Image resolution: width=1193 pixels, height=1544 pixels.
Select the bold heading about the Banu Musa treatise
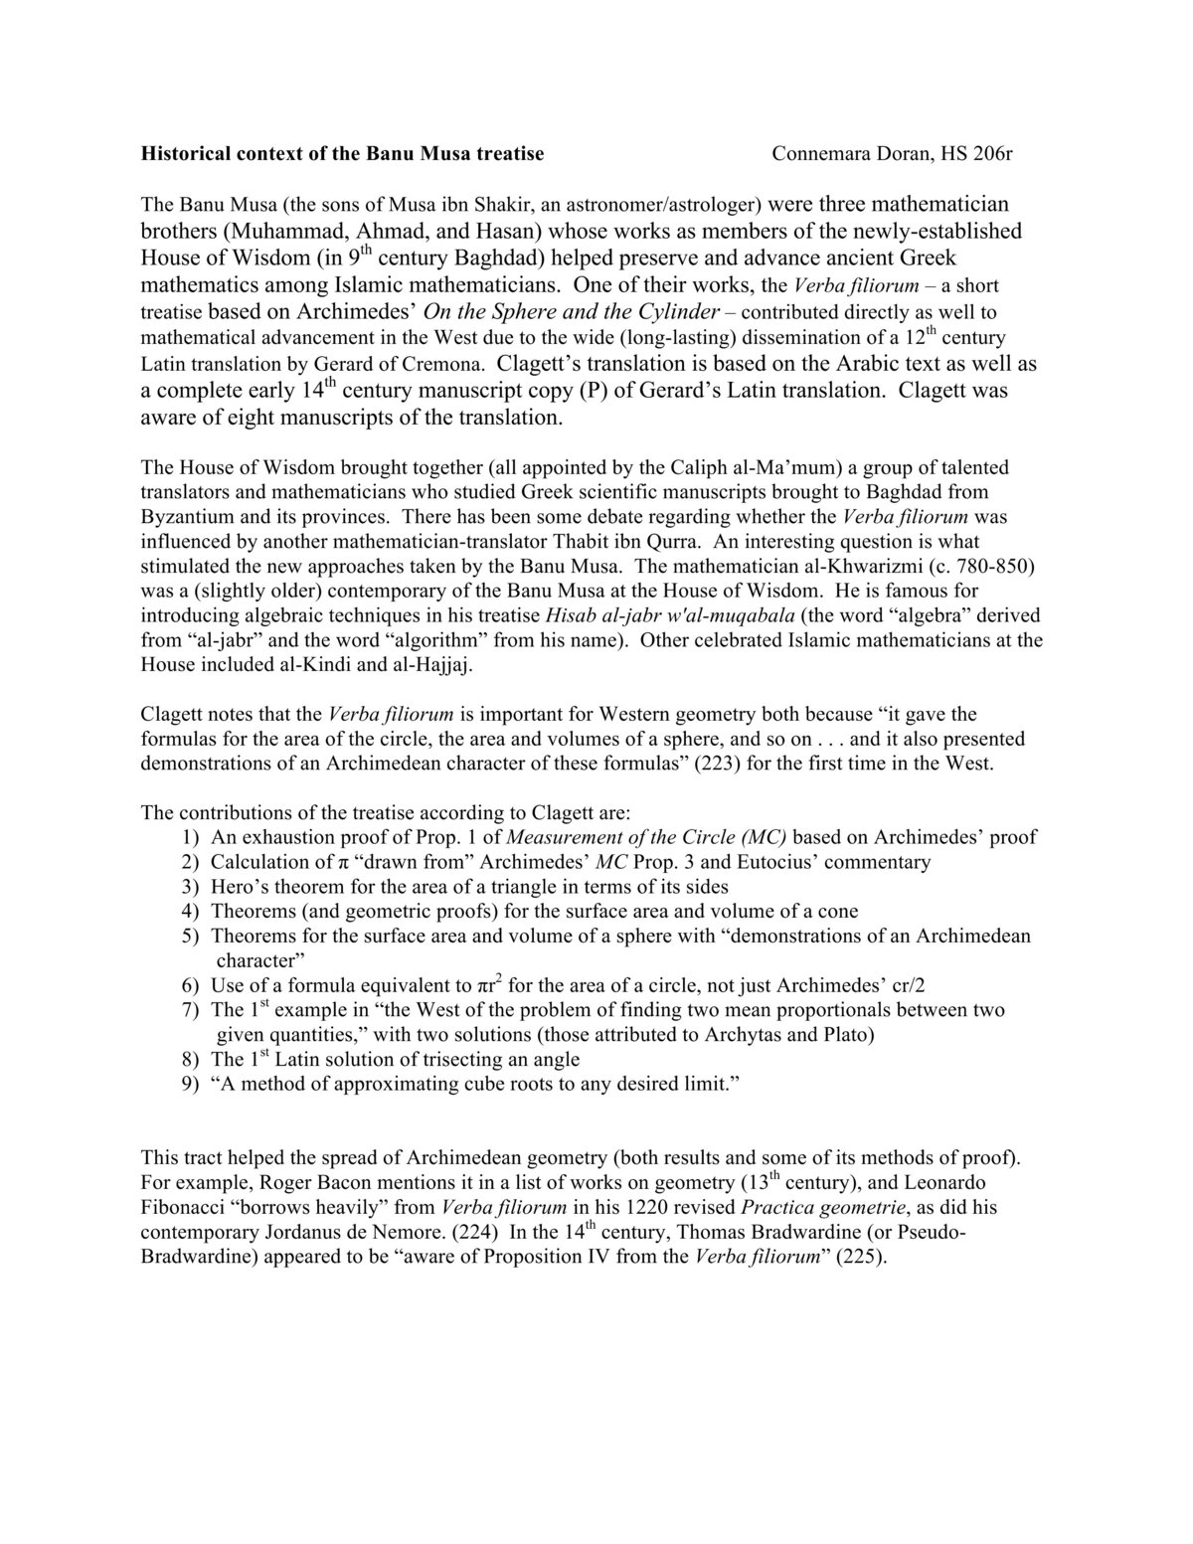[342, 154]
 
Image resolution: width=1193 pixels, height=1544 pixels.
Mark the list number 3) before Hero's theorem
[191, 887]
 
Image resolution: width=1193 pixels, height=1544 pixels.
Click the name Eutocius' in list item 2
[767, 862]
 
